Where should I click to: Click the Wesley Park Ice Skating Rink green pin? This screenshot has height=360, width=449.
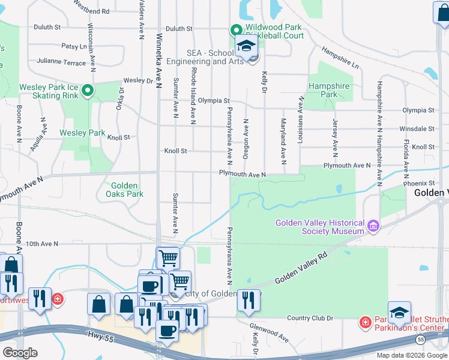[x=88, y=91]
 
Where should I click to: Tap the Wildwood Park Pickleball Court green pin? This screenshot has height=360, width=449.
[x=236, y=29]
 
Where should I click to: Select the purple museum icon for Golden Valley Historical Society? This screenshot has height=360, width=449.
[x=373, y=226]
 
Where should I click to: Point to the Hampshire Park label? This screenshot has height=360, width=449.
[x=329, y=90]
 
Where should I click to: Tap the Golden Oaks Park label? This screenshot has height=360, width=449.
[x=124, y=190]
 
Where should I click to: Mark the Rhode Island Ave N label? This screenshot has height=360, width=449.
[x=193, y=96]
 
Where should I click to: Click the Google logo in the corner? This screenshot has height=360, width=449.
[x=20, y=353]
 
